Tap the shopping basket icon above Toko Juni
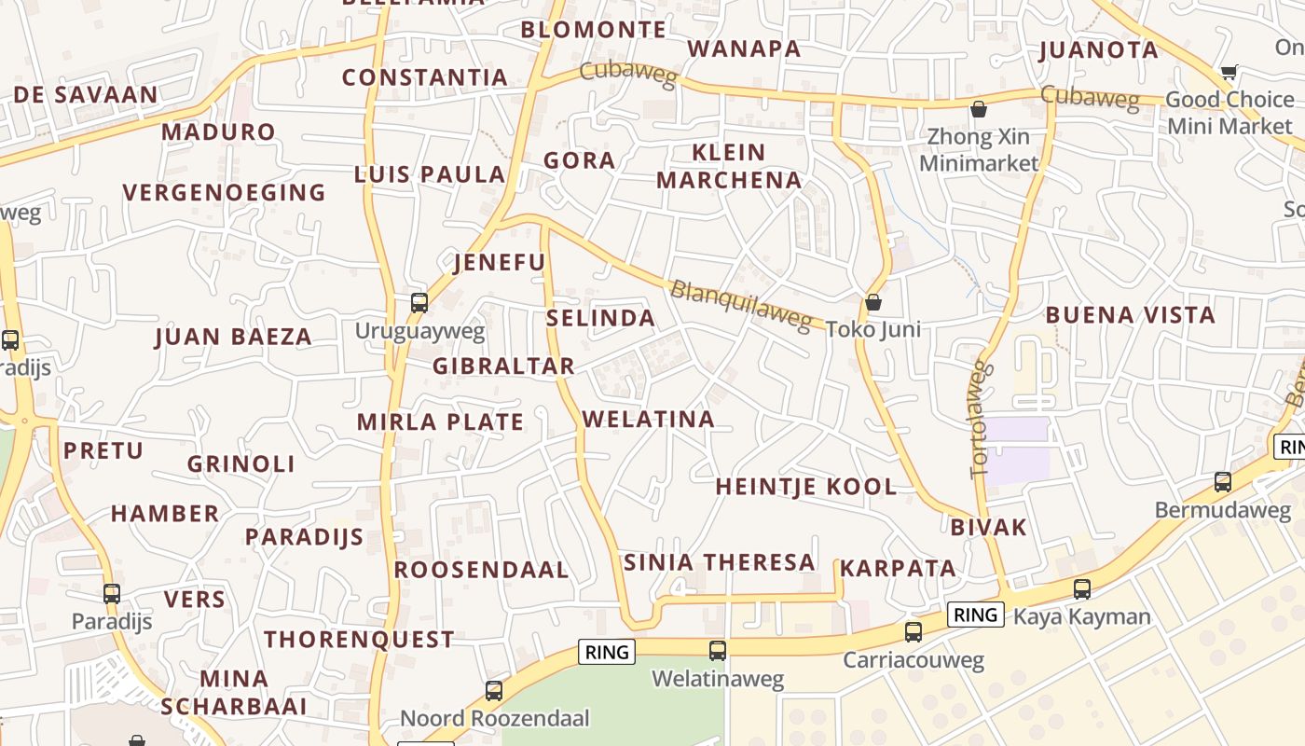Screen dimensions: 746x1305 [873, 302]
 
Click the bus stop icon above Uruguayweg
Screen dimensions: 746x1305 [419, 302]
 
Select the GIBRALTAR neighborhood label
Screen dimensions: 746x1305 [503, 366]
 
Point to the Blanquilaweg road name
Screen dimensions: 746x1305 [741, 304]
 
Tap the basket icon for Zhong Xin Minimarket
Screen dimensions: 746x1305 [978, 109]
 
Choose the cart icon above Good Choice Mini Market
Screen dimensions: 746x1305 [1229, 72]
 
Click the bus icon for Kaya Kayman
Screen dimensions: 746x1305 [1081, 588]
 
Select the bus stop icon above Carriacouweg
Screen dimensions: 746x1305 [913, 631]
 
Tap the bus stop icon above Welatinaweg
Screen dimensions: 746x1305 [717, 650]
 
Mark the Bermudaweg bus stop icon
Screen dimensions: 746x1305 [1222, 481]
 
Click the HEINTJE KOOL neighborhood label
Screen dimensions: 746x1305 [805, 487]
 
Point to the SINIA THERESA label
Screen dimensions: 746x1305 [719, 562]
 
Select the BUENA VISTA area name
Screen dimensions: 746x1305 [1130, 315]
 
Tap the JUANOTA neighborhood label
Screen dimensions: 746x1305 [1098, 49]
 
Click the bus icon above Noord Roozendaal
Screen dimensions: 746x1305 [493, 690]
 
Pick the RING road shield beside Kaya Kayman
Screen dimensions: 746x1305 [975, 615]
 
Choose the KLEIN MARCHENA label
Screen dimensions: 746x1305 [729, 166]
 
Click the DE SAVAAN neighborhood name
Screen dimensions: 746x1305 [86, 95]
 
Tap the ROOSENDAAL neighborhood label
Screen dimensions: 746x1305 [481, 570]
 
